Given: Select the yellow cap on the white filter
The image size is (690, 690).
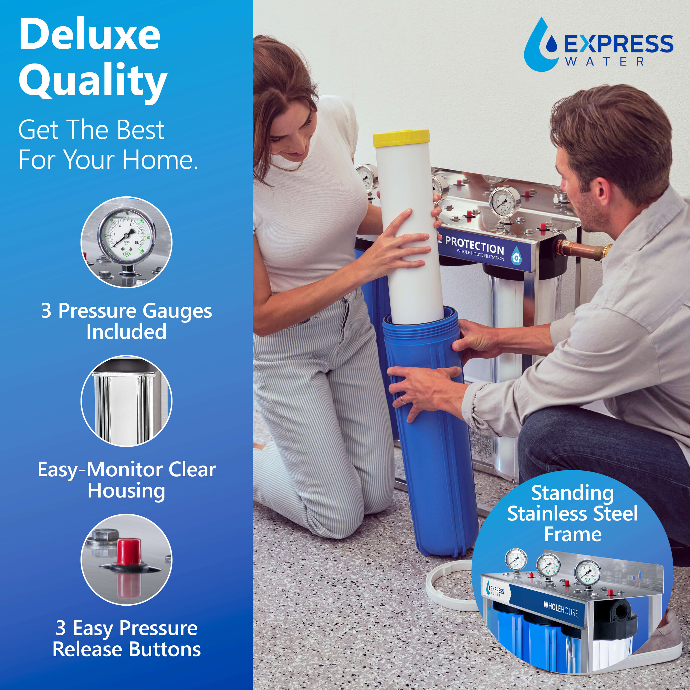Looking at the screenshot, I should coord(401,138).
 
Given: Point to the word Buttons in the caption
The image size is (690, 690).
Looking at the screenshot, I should coord(164,649).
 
